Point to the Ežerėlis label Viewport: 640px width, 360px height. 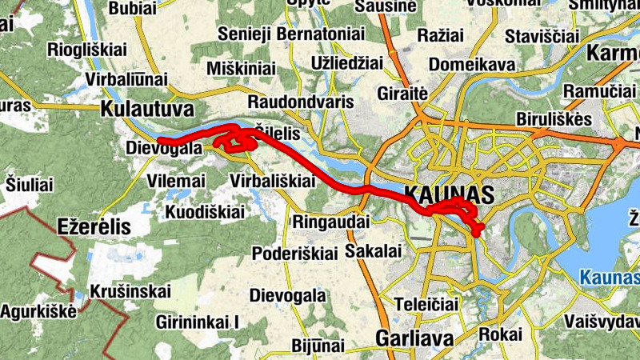coord(94,226)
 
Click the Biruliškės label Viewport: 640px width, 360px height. coord(554,119)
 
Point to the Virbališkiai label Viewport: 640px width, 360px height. coord(272,181)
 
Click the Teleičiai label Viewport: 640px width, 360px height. coord(426,304)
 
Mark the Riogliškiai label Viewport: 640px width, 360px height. coord(88,50)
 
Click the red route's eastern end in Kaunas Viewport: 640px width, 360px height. coord(478,234)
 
